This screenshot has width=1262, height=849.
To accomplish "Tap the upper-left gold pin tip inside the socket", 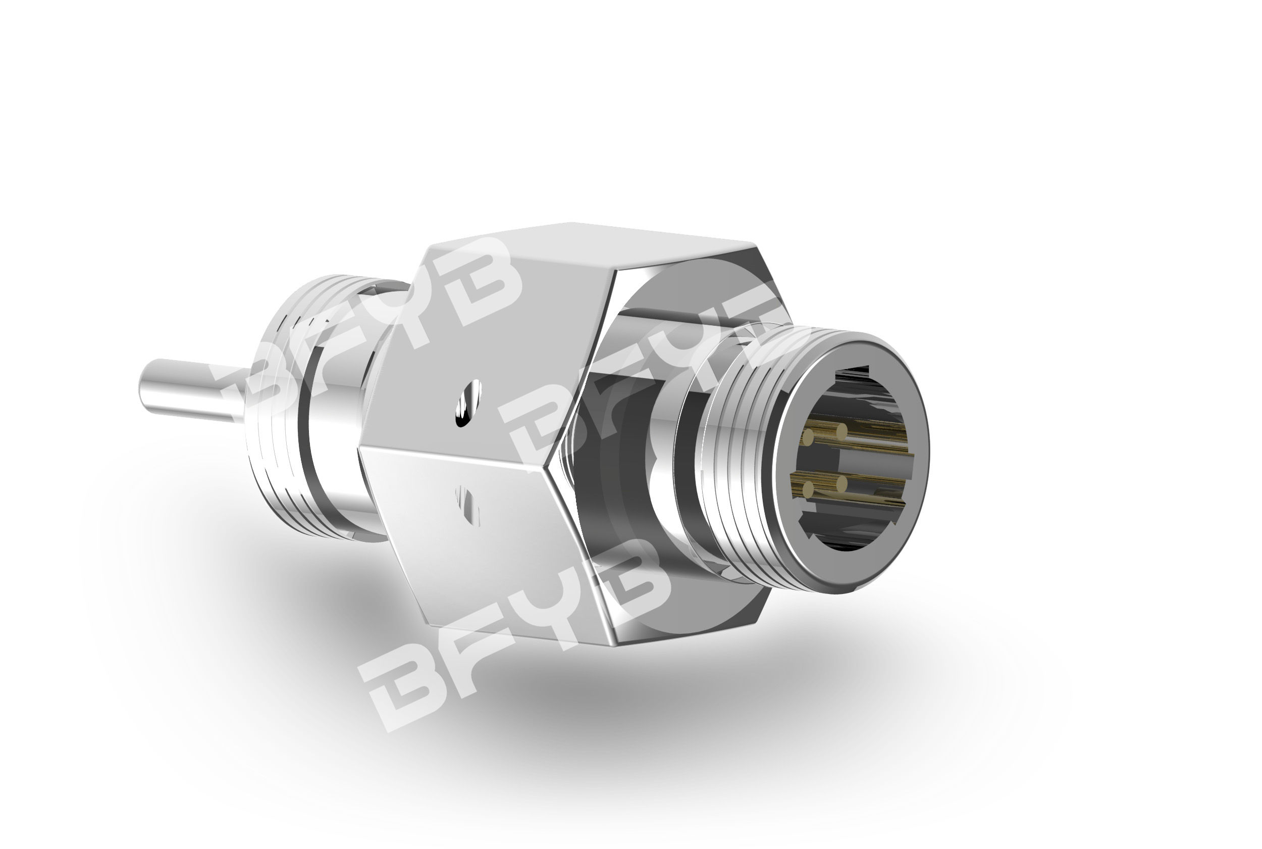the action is (809, 436).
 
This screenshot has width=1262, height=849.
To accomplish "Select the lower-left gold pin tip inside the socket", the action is (809, 489).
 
